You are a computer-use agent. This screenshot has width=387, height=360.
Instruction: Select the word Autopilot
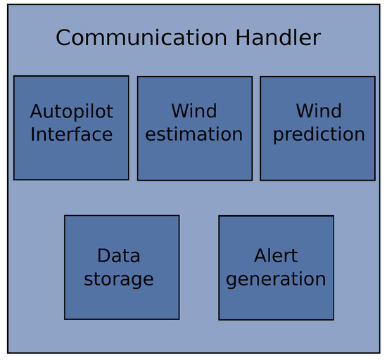(x=71, y=112)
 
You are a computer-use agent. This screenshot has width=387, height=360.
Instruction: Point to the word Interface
(x=71, y=134)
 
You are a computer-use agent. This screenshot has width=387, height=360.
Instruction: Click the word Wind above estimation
(x=194, y=111)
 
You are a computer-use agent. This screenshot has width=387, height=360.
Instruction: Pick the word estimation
(x=194, y=134)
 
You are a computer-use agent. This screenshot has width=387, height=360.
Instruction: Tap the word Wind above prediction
(x=319, y=111)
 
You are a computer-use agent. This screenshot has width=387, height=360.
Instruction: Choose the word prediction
(x=319, y=134)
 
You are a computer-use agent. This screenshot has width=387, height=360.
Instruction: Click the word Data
(x=118, y=255)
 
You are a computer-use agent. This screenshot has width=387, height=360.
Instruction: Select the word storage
(x=118, y=279)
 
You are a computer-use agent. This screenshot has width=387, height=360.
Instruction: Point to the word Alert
(x=276, y=255)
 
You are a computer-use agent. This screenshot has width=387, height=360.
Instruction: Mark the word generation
(x=276, y=279)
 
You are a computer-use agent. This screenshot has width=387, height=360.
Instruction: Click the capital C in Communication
(x=63, y=38)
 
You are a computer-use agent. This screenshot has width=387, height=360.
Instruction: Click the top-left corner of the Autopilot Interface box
(x=14, y=76)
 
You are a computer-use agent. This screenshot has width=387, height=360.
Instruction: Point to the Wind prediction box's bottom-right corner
(x=374, y=180)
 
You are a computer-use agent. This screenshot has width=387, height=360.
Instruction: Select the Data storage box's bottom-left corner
(x=65, y=319)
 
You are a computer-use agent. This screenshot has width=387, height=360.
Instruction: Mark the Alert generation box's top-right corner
(x=334, y=216)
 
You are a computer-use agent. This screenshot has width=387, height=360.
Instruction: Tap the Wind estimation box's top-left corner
(x=137, y=77)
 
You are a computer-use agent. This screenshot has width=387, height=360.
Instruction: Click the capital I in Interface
(x=32, y=134)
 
